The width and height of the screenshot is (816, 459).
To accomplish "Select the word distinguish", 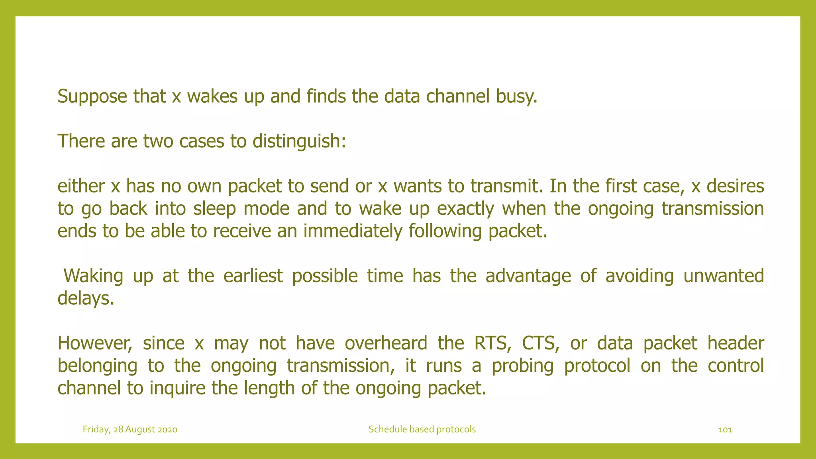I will (x=299, y=141).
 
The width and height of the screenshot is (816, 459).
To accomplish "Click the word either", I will (x=81, y=186).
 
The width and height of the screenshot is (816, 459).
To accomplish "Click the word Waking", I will (x=93, y=276).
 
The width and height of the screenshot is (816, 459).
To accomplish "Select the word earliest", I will (x=253, y=276).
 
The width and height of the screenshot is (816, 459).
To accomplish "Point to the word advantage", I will (x=528, y=276).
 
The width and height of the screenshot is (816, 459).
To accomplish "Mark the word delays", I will (x=86, y=298).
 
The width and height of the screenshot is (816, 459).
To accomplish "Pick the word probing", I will (x=522, y=366).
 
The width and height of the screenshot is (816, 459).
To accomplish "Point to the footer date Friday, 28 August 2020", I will (x=130, y=429).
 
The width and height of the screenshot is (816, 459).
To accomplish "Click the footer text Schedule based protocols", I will (x=422, y=429).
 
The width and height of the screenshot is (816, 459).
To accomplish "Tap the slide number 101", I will (x=725, y=430).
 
